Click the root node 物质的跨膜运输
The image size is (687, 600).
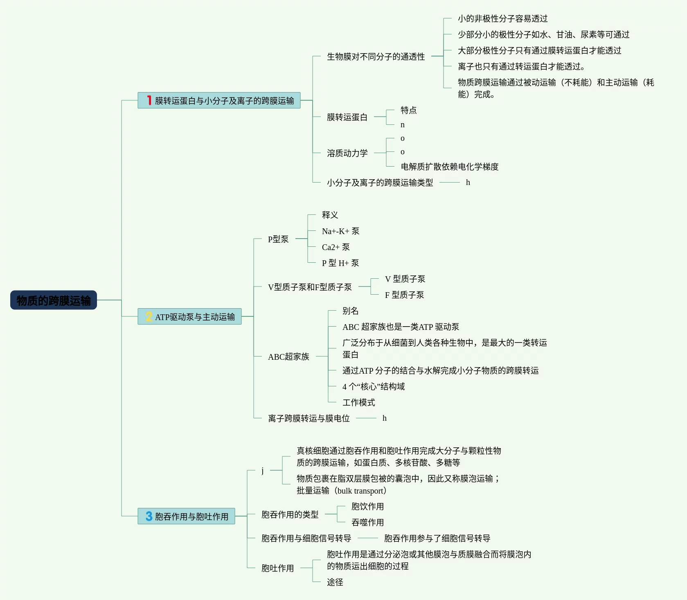click(x=54, y=300)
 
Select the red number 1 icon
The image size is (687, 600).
click(x=149, y=100)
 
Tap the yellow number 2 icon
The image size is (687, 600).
click(x=149, y=316)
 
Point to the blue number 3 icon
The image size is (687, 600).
click(x=149, y=516)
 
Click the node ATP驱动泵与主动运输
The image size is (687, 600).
click(x=195, y=317)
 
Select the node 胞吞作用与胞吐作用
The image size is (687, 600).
click(x=191, y=517)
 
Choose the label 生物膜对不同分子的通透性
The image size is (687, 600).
click(x=376, y=56)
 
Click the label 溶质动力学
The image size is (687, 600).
click(x=347, y=153)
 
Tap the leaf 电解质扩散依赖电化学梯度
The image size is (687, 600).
click(x=449, y=167)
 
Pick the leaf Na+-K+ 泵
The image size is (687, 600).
click(x=340, y=231)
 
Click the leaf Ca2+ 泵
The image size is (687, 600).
click(x=336, y=247)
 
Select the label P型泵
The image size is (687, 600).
click(x=278, y=239)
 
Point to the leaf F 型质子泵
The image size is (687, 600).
click(x=404, y=295)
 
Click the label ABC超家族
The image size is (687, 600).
click(x=288, y=357)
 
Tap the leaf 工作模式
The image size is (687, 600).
click(x=358, y=402)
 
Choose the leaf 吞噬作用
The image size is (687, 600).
click(x=367, y=522)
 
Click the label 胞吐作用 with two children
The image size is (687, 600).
click(x=277, y=568)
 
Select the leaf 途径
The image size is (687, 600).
click(x=335, y=582)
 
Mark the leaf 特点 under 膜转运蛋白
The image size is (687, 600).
click(x=408, y=110)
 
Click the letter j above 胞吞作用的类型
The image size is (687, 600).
click(x=262, y=470)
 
